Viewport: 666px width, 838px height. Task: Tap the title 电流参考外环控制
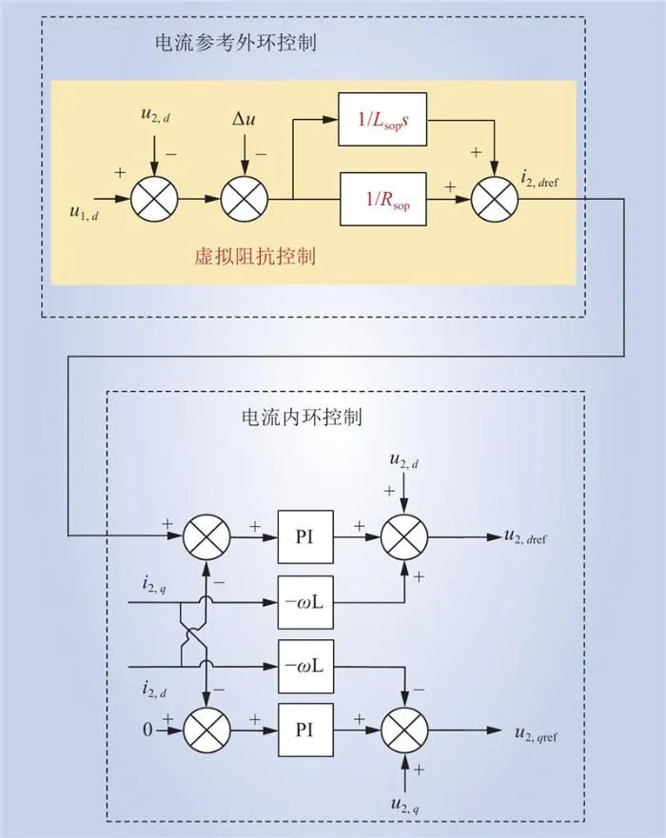coord(235,44)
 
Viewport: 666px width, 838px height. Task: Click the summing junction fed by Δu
coord(245,200)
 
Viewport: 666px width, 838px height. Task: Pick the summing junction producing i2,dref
coord(492,200)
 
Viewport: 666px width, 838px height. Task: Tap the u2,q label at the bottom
coord(406,805)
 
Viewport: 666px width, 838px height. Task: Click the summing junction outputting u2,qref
coord(406,730)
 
